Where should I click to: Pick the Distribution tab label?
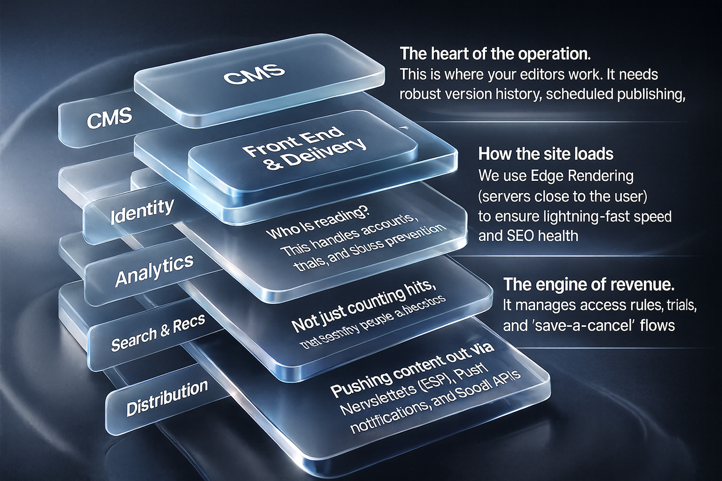click(167, 397)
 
